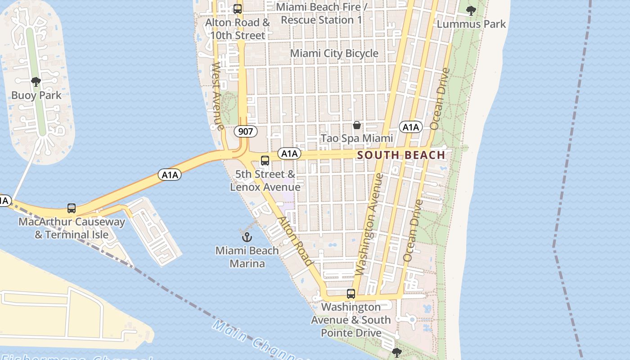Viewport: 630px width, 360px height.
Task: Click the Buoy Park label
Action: [x=36, y=95]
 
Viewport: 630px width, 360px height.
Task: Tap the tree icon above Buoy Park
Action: [x=36, y=82]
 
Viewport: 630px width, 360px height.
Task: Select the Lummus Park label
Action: [x=471, y=24]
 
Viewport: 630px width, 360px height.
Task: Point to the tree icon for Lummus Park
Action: [x=471, y=11]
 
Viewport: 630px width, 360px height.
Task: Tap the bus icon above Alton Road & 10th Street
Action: [x=237, y=9]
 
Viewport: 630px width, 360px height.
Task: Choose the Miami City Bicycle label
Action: [x=334, y=53]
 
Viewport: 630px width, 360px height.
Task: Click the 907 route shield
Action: [x=246, y=131]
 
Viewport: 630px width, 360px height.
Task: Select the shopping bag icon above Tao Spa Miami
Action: [x=357, y=125]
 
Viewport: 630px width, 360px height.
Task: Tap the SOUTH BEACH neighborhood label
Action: [x=401, y=155]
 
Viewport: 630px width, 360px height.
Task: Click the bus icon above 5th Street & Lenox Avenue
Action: [x=265, y=161]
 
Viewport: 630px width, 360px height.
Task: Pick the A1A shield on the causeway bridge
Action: [x=170, y=175]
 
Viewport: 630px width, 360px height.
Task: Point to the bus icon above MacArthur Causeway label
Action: [x=72, y=208]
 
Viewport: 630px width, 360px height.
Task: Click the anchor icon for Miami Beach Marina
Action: [x=247, y=237]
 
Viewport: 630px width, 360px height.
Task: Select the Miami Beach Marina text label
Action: [x=247, y=257]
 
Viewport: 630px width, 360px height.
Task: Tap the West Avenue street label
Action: [x=218, y=96]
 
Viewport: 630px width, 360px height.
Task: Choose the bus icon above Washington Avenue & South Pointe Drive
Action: [x=351, y=294]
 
